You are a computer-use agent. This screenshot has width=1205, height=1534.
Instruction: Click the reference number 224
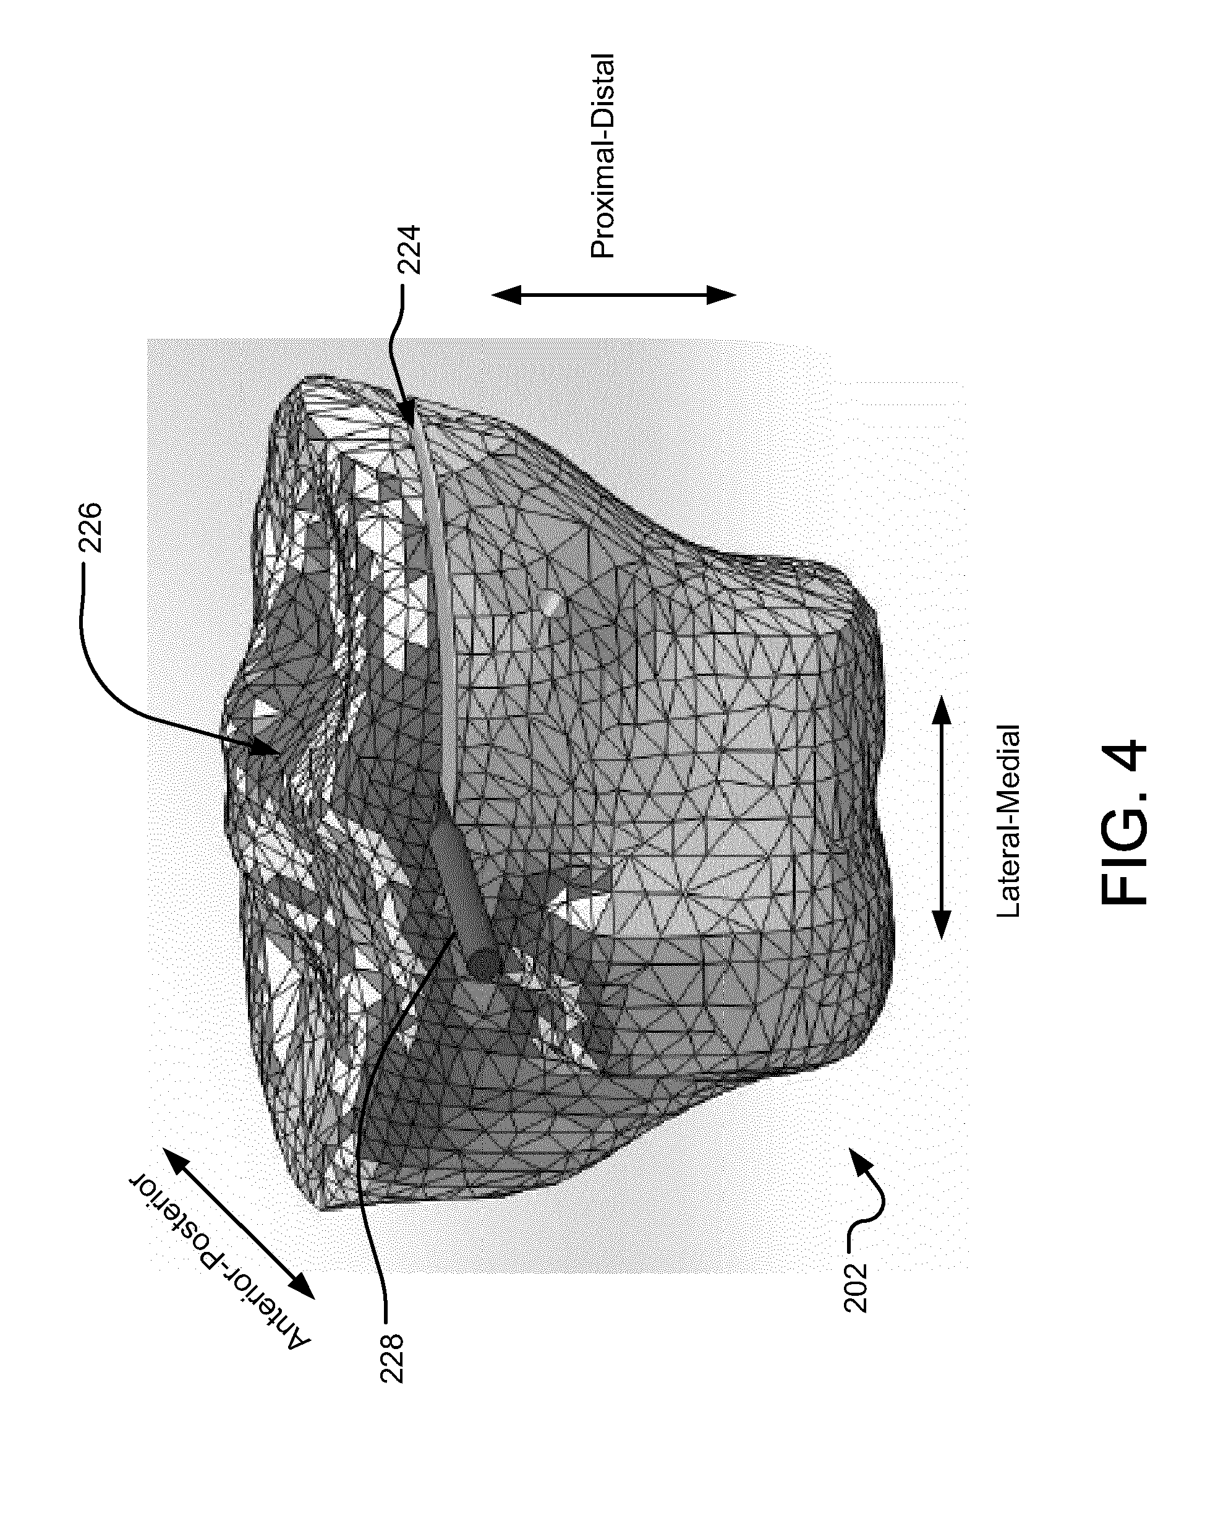pos(409,250)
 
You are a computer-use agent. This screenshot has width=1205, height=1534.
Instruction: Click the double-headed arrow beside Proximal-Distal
pos(614,295)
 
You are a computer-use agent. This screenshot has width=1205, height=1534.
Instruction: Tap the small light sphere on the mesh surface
pos(551,601)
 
